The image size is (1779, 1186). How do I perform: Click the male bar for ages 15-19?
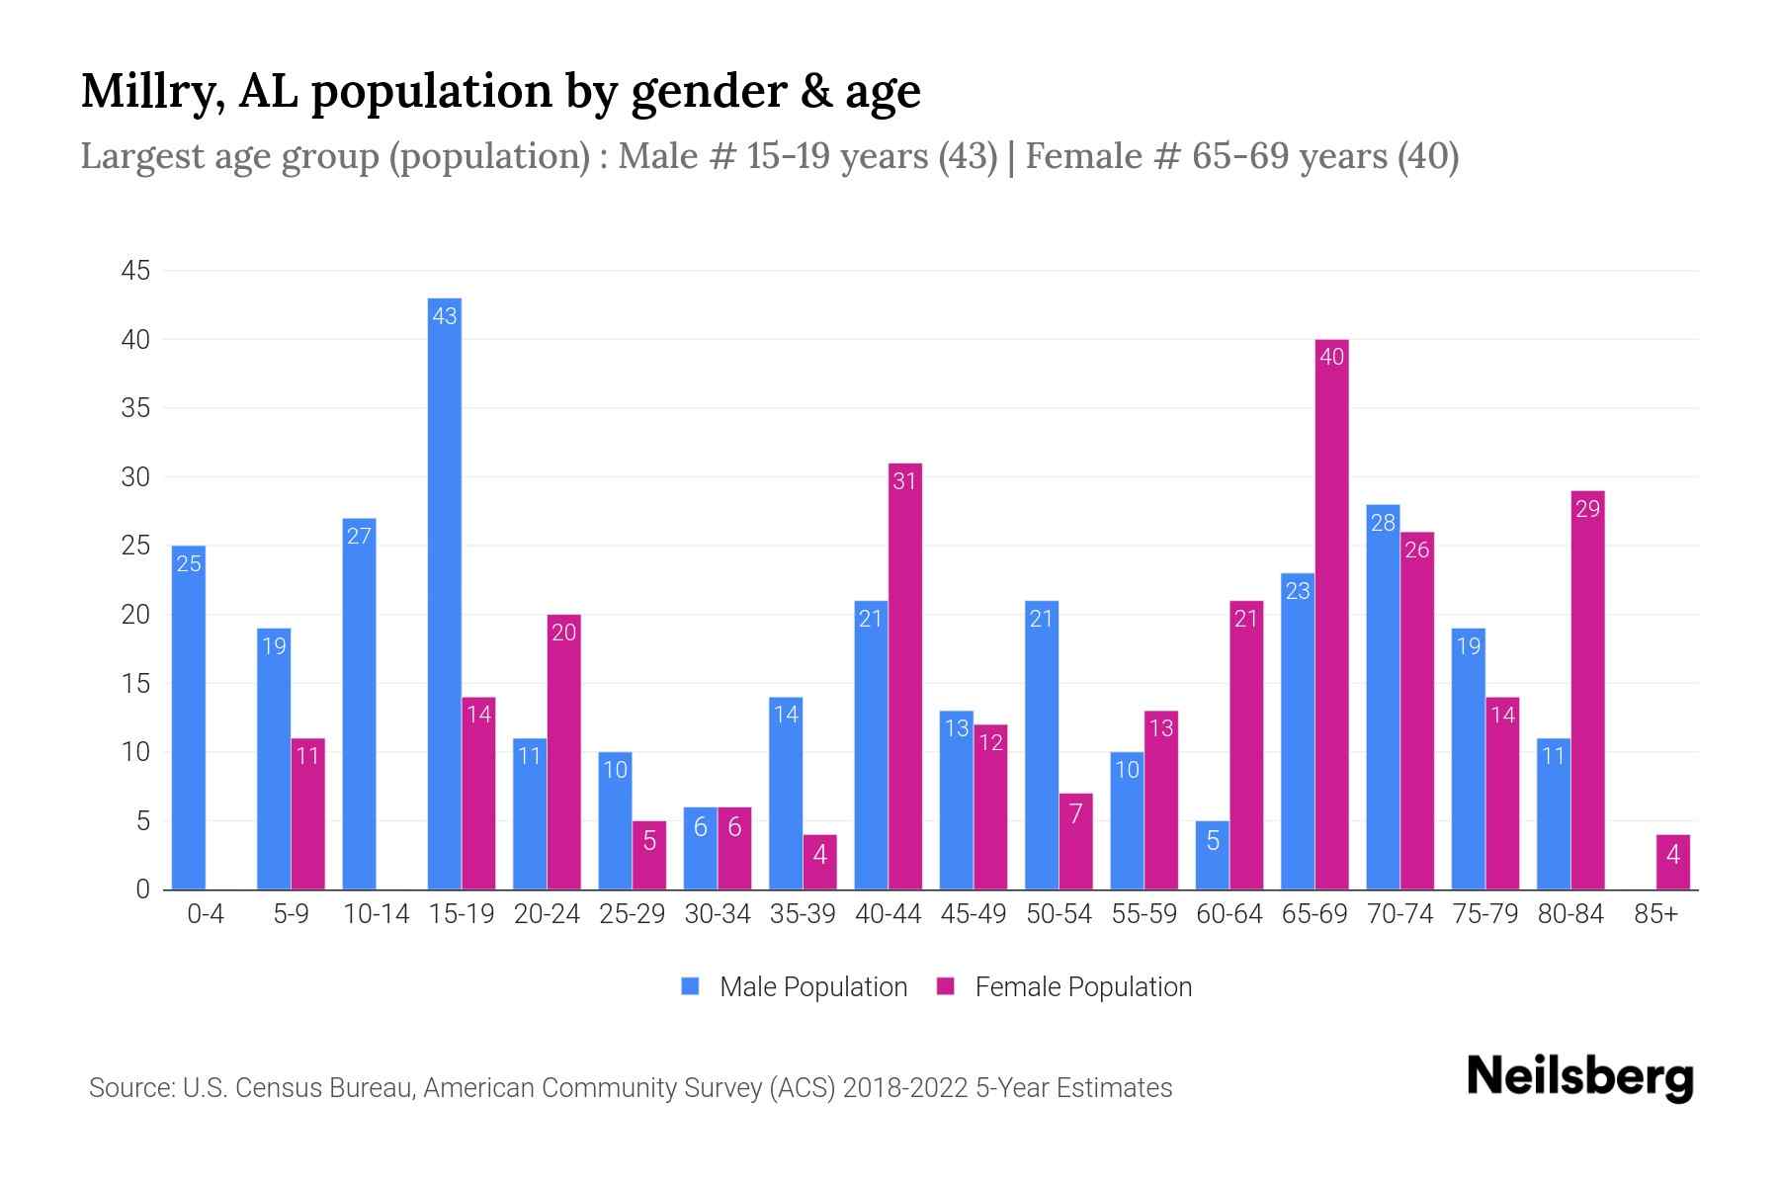click(x=445, y=593)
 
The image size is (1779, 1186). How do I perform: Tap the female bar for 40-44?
click(x=904, y=677)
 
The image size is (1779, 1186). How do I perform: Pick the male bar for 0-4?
click(x=189, y=718)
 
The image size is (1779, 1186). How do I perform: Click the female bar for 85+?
click(x=1672, y=862)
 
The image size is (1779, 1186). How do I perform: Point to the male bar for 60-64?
click(x=1212, y=855)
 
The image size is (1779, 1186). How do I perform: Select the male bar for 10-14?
click(x=359, y=704)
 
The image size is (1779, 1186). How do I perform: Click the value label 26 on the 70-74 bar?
click(x=1416, y=550)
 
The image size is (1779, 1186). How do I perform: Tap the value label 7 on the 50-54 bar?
click(x=1075, y=813)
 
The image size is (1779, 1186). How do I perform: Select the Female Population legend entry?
click(x=1063, y=986)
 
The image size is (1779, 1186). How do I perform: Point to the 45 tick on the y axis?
click(x=135, y=271)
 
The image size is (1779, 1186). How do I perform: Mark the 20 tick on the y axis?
click(x=135, y=615)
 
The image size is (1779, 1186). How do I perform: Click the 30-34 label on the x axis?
click(x=718, y=914)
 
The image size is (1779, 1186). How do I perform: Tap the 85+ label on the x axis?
click(x=1655, y=914)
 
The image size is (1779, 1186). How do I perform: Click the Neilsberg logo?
click(x=1579, y=1076)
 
